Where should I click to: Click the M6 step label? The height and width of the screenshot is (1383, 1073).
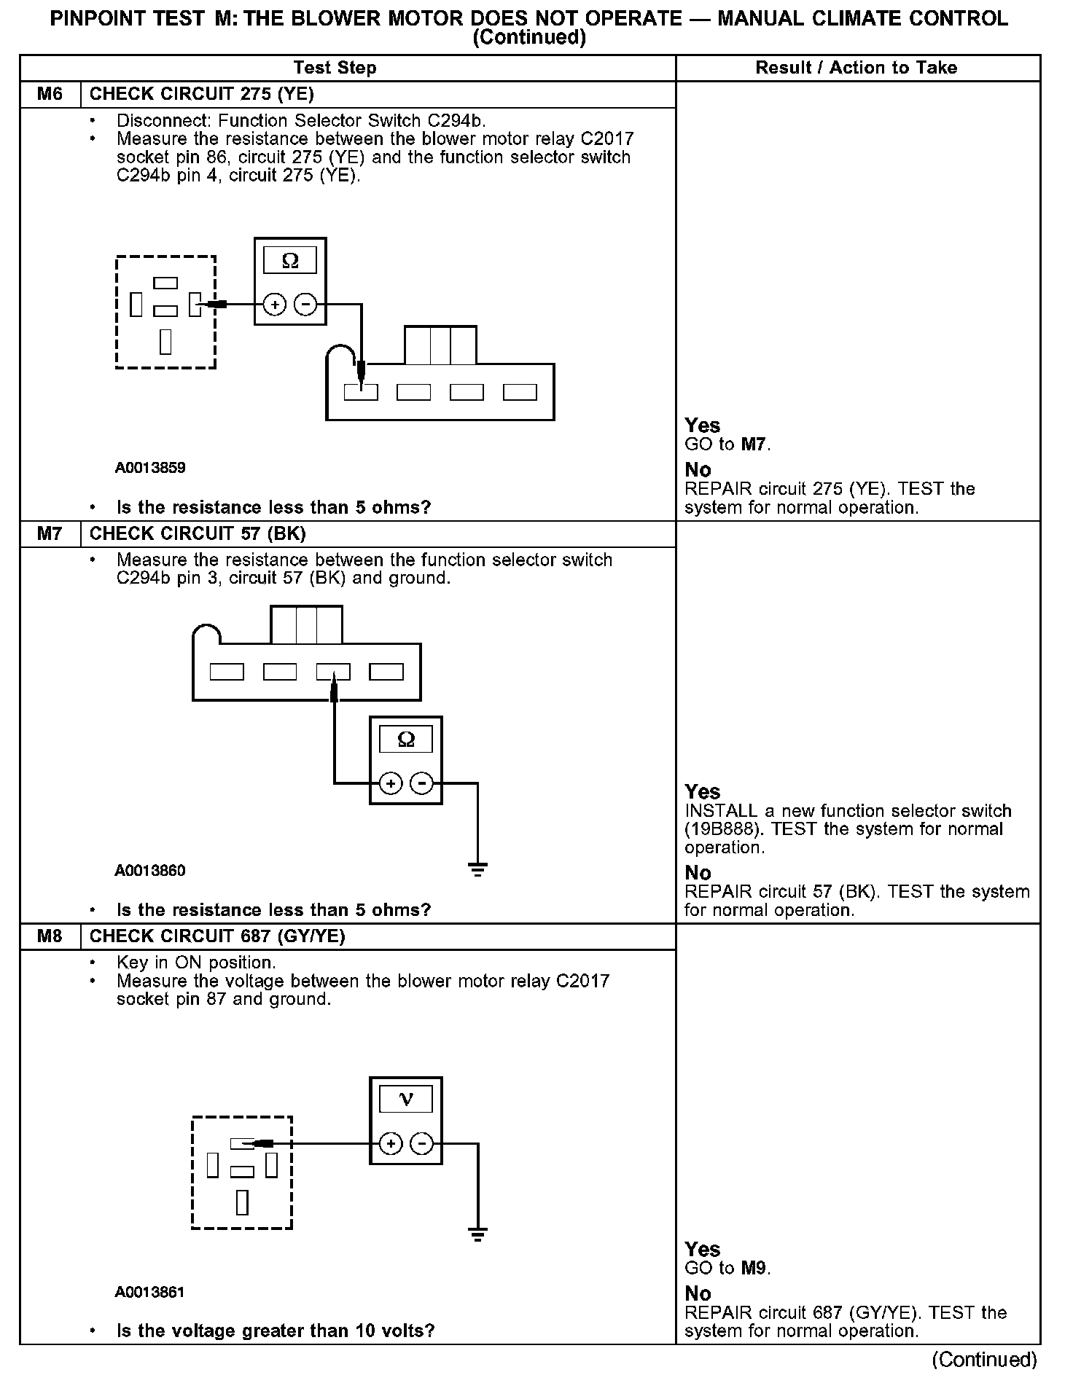[x=50, y=94]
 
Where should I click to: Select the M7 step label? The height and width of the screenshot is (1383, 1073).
[x=50, y=534]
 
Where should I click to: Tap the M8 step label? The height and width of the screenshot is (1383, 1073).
[x=50, y=936]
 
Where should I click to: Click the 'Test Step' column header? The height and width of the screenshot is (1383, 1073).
[x=335, y=68]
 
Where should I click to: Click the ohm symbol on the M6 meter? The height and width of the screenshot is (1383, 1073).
[x=290, y=261]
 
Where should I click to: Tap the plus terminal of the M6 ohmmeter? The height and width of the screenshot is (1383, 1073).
[x=274, y=304]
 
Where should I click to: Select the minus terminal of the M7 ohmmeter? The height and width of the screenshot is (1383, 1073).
[x=422, y=783]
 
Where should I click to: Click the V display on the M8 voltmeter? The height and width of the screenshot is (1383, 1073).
[x=406, y=1099]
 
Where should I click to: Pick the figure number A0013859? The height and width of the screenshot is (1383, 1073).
[x=150, y=468]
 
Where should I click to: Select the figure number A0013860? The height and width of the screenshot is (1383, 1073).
[x=150, y=871]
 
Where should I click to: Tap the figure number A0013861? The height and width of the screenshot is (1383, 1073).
[x=150, y=1292]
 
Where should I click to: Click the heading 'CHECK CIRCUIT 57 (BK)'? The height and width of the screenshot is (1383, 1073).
[x=198, y=534]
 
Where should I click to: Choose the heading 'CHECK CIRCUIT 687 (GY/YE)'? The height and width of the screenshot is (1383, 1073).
[x=217, y=936]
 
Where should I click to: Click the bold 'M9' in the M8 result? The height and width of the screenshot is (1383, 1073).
[x=754, y=1268]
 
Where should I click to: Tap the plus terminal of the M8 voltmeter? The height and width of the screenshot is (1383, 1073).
[x=391, y=1143]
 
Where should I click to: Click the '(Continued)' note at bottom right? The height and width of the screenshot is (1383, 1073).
[x=984, y=1360]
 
